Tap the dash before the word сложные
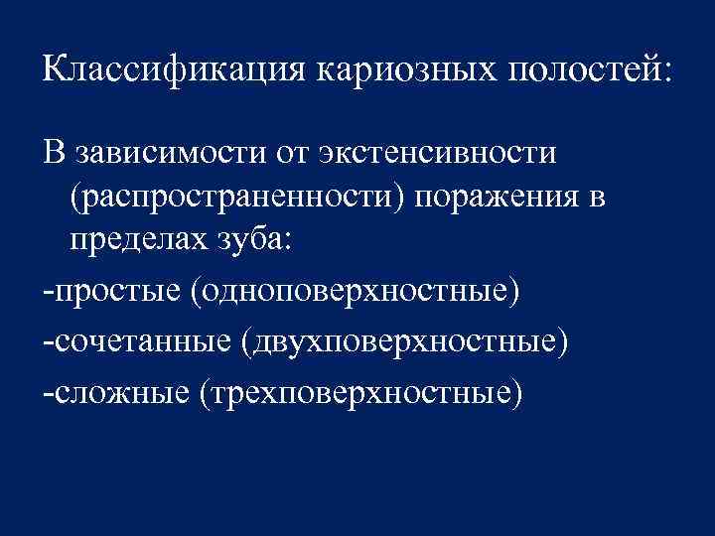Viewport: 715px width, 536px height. point(48,394)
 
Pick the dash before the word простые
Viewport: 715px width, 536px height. point(48,295)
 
